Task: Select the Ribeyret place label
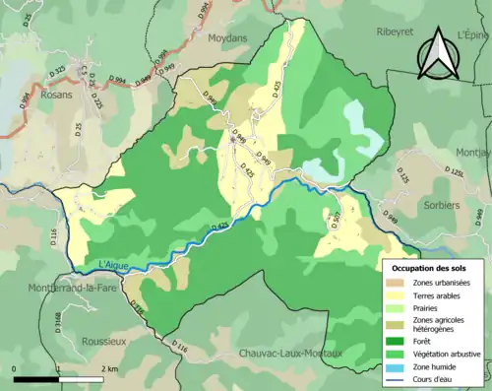coord(400,32)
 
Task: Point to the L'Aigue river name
coord(114,263)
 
